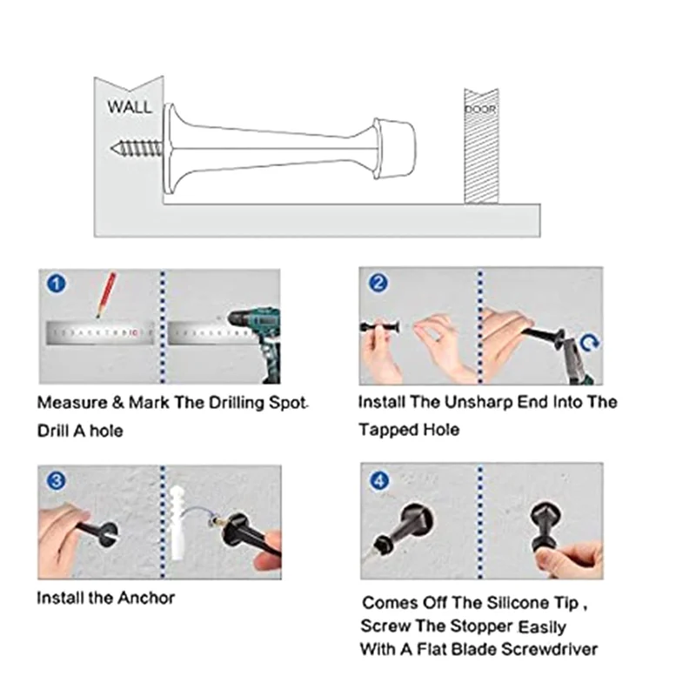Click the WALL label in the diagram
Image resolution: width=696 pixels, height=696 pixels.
click(x=129, y=107)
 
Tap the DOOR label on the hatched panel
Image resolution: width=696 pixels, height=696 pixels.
click(x=480, y=110)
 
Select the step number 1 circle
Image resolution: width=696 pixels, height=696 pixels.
click(x=56, y=284)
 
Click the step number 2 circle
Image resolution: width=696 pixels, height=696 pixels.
click(x=378, y=283)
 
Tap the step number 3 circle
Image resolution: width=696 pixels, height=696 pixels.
click(x=57, y=481)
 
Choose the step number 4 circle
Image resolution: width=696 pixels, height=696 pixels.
click(x=379, y=481)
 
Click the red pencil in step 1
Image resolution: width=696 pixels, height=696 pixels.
click(x=105, y=295)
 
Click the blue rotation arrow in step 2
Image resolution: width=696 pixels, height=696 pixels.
click(x=590, y=343)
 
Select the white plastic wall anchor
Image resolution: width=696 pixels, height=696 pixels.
click(x=177, y=522)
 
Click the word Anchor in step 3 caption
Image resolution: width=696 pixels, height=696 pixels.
click(x=146, y=598)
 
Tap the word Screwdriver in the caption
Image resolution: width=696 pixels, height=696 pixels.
click(x=550, y=649)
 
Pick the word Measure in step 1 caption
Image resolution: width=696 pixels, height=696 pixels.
click(x=72, y=403)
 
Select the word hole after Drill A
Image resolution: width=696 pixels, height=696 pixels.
click(x=106, y=431)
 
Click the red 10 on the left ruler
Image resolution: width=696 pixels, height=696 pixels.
click(x=134, y=332)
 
